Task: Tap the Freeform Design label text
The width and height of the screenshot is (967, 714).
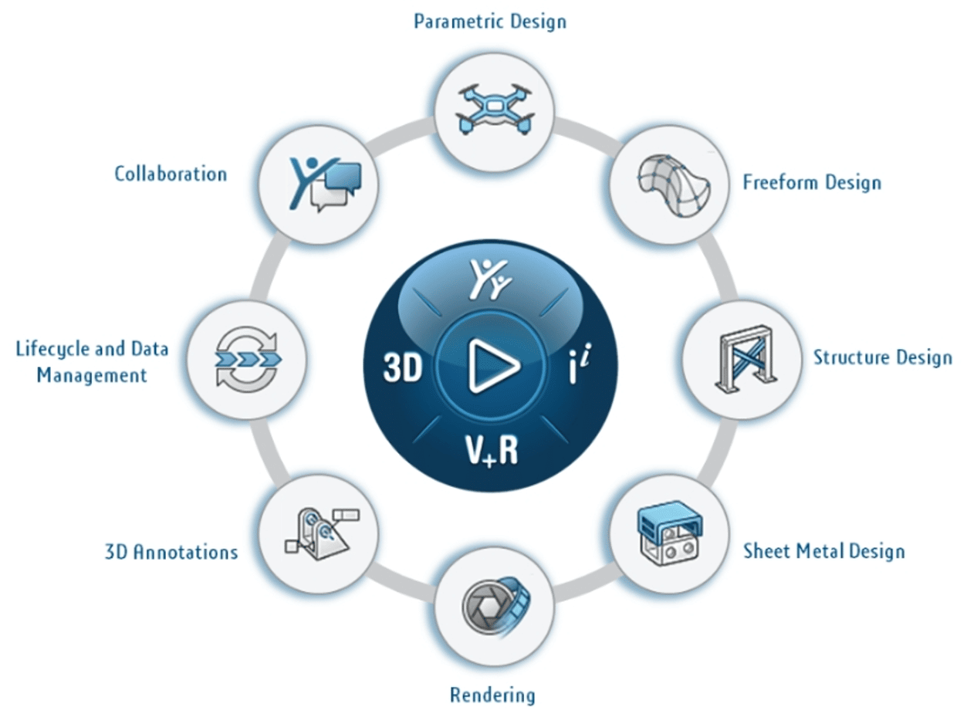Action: (811, 183)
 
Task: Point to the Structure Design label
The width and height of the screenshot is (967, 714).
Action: (882, 358)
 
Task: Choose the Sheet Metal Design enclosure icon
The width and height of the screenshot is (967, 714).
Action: (669, 535)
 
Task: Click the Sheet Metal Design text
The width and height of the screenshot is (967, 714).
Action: (823, 551)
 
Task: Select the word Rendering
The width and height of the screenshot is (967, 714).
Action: (492, 695)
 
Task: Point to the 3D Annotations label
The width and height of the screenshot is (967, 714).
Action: (171, 552)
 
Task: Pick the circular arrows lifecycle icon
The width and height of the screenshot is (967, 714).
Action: (246, 359)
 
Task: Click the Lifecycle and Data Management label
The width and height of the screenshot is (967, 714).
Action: (92, 362)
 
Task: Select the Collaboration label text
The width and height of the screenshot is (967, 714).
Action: (171, 174)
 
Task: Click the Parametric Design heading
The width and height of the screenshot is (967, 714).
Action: (490, 21)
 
